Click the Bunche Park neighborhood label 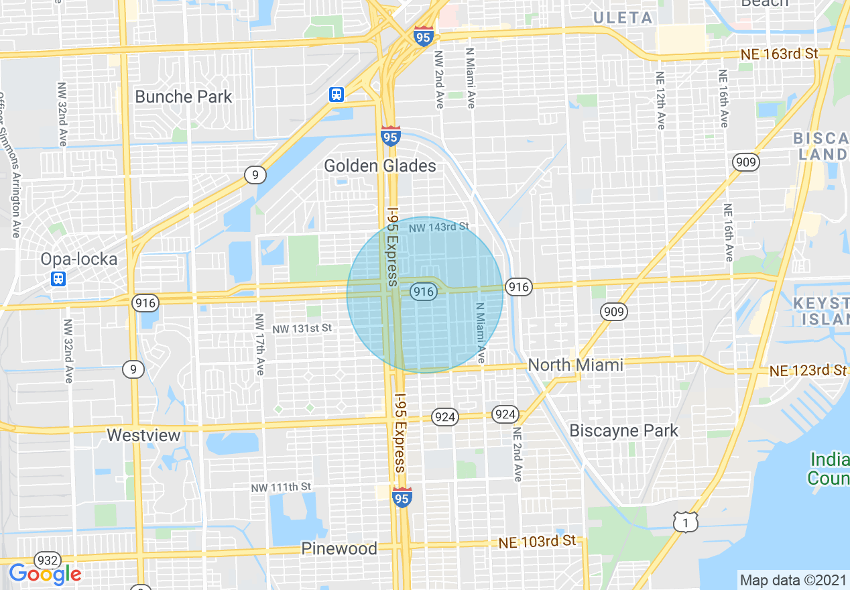183,97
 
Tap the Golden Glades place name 379,166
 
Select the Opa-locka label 78,259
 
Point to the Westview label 143,435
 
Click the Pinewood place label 339,548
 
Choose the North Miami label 575,365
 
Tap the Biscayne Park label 623,430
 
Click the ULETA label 623,18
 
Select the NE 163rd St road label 780,54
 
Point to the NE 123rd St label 808,370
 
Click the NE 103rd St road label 537,541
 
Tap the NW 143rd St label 439,227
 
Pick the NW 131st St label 302,329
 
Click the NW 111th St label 281,486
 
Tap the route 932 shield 48,560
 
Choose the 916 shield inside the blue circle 422,291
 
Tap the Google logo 45,574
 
